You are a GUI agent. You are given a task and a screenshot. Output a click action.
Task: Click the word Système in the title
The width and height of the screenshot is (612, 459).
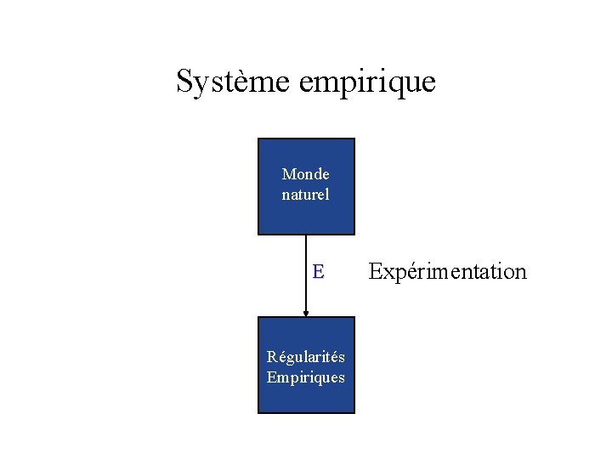click(x=234, y=82)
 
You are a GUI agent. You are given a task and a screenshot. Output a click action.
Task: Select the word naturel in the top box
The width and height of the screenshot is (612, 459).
click(x=306, y=195)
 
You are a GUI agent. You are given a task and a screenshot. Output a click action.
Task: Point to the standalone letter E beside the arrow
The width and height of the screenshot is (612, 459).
click(x=318, y=272)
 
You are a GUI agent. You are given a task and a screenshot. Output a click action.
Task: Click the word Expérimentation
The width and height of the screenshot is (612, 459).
click(x=448, y=272)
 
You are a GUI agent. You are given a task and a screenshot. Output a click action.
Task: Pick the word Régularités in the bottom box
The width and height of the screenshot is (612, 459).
click(x=306, y=357)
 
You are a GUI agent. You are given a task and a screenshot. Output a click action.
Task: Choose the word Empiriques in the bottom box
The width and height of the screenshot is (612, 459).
click(x=306, y=377)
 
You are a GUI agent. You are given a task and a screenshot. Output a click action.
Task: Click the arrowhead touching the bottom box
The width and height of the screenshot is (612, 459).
click(x=306, y=313)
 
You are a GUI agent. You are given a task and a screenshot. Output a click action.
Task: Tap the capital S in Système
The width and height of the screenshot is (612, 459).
click(x=184, y=82)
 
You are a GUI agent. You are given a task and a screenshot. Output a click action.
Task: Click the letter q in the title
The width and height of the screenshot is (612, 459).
click(x=394, y=84)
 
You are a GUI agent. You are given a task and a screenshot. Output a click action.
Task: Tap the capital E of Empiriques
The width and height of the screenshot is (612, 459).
click(x=271, y=377)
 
